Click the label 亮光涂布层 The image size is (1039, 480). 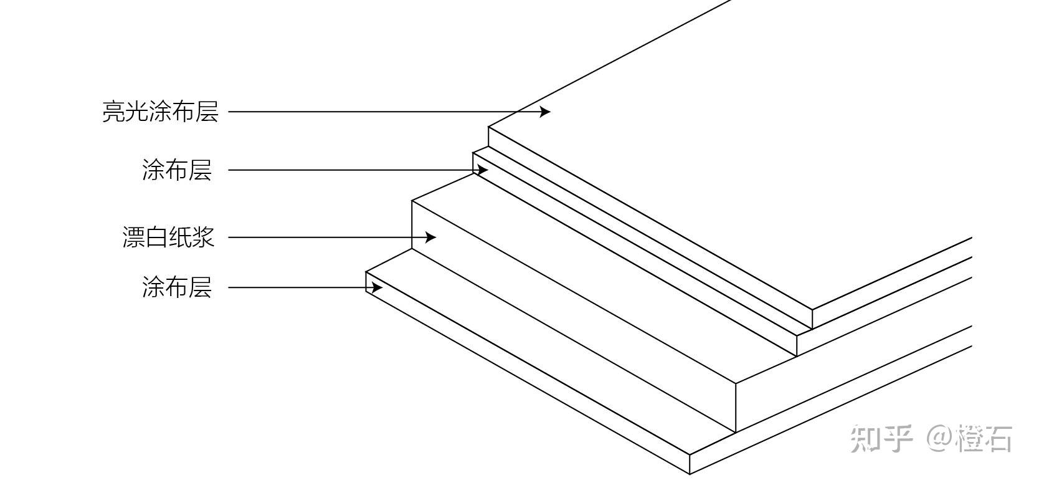pyautogui.click(x=160, y=112)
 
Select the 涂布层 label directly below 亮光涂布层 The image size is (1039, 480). pyautogui.click(x=177, y=170)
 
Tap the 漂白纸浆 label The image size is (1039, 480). pyautogui.click(x=168, y=238)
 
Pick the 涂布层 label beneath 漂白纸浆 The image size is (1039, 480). pyautogui.click(x=177, y=288)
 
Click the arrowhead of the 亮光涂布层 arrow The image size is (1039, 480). pyautogui.click(x=545, y=112)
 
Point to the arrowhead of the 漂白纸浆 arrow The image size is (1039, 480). pyautogui.click(x=430, y=238)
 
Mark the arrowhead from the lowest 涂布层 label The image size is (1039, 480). pyautogui.click(x=376, y=287)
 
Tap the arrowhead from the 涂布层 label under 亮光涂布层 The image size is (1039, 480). pyautogui.click(x=482, y=170)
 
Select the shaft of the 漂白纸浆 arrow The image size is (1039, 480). pyautogui.click(x=324, y=238)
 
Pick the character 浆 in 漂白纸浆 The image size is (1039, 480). pyautogui.click(x=204, y=238)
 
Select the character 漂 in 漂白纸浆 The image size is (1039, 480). pyautogui.click(x=133, y=238)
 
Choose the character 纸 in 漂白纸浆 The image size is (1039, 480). pyautogui.click(x=181, y=238)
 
